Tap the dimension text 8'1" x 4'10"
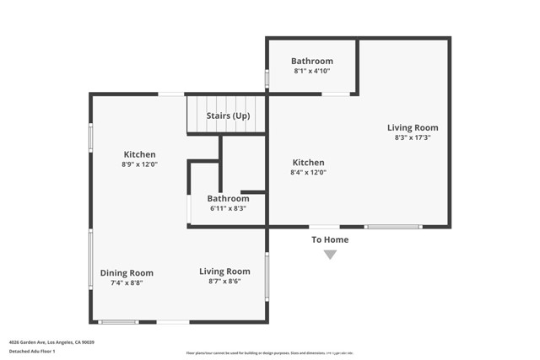click(x=312, y=72)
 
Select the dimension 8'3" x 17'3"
click(x=413, y=137)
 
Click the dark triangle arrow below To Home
click(x=330, y=255)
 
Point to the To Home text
click(x=330, y=239)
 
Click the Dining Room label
click(x=127, y=272)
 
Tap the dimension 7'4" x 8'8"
click(x=127, y=283)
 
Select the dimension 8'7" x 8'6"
click(x=224, y=282)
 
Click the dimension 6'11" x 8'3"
click(x=228, y=209)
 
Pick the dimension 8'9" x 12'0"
click(x=140, y=164)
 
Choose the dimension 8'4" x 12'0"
click(x=308, y=172)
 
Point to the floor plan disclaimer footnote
click(x=269, y=353)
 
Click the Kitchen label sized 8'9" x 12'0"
click(x=140, y=154)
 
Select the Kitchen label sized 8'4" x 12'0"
click(x=308, y=162)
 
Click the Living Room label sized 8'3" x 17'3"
click(x=413, y=127)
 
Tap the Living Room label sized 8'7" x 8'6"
click(x=224, y=271)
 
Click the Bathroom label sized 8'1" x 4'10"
click(x=312, y=61)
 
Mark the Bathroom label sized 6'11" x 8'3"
click(x=228, y=199)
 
